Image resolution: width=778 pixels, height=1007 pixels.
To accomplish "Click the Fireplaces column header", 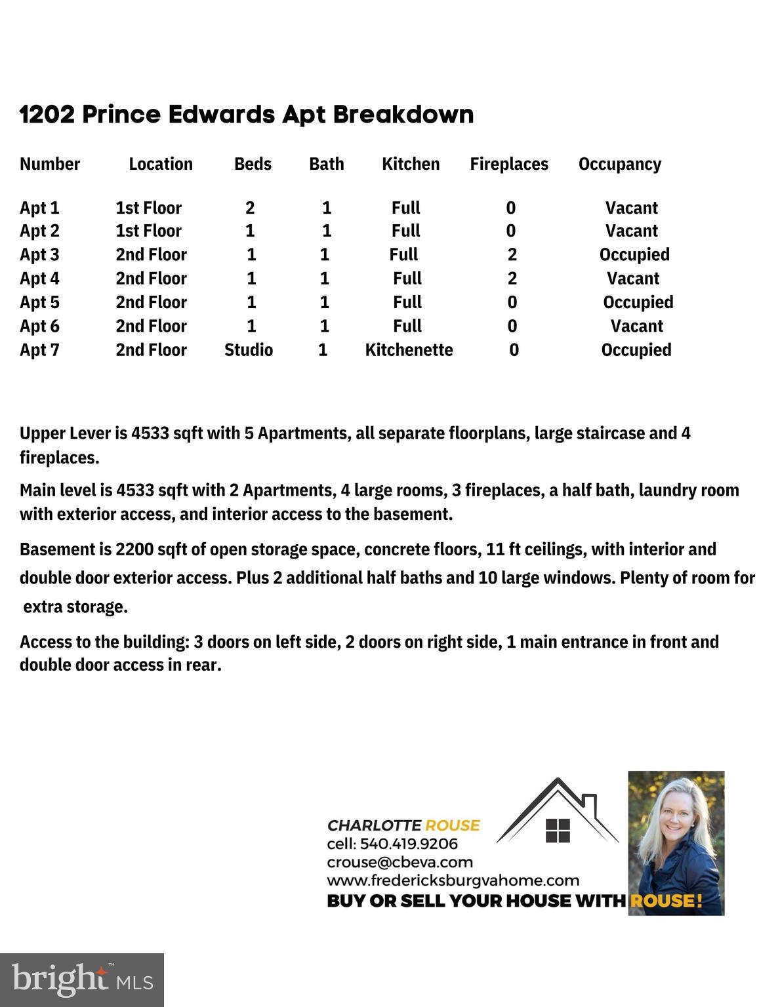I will [508, 164].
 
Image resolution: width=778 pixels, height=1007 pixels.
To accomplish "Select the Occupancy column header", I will [619, 164].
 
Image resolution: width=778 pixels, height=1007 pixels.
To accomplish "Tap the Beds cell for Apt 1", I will [250, 208].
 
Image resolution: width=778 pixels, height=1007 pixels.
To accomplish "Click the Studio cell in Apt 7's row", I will [249, 350].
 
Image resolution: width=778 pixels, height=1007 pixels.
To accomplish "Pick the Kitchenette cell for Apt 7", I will [409, 350].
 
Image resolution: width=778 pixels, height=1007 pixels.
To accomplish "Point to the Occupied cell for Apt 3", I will [634, 254].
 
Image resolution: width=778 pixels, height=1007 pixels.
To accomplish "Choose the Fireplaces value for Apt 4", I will [512, 279].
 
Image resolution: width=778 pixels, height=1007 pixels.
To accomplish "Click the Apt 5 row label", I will [39, 302].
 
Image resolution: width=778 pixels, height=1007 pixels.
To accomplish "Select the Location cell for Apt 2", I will [148, 231].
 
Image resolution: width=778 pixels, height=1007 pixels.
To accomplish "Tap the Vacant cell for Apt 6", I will [636, 326].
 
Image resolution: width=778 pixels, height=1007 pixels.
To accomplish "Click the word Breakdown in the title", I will [403, 115].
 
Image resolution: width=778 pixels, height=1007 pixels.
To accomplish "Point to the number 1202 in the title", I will [47, 115].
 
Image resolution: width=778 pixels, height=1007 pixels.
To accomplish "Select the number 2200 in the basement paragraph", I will [135, 549].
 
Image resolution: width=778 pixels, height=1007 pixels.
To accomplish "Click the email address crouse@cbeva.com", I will [399, 862].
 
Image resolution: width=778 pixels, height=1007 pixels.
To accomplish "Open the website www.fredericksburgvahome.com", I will [453, 880].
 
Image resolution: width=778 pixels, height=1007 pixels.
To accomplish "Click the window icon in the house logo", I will [558, 831].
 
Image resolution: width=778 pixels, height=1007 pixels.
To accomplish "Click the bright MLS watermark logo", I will [82, 980].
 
